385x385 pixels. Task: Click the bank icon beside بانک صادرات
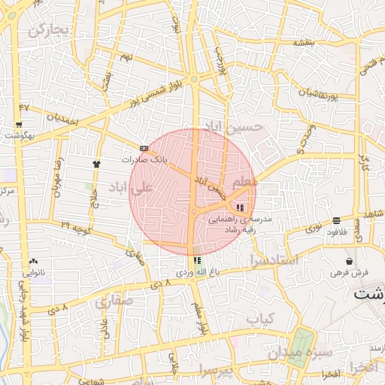(144, 148)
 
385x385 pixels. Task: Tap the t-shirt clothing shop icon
(96, 163)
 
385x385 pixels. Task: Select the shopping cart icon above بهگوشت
(19, 125)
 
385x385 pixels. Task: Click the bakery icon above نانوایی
(33, 260)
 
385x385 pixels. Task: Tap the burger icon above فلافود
(335, 221)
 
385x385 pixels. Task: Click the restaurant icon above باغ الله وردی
(197, 260)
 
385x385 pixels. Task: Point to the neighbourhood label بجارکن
(48, 30)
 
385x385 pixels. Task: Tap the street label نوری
(314, 223)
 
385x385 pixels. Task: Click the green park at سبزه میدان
(302, 341)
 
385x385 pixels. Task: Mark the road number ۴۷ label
(25, 108)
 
